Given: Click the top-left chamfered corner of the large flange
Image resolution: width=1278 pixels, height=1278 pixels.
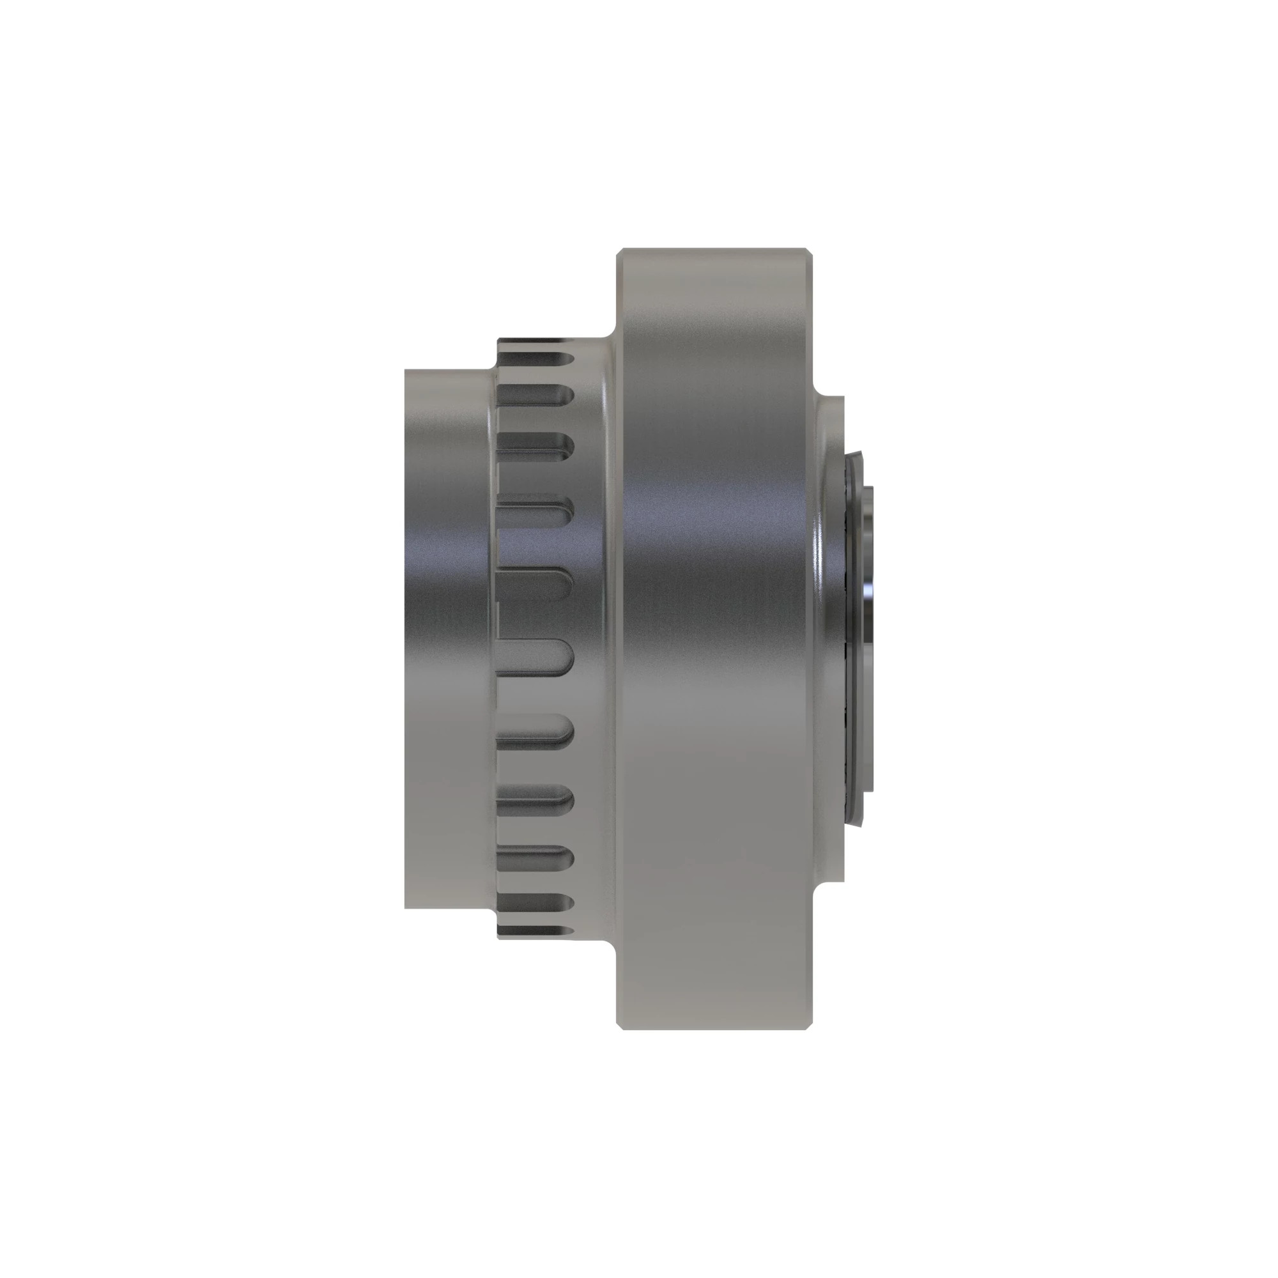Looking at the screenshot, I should tap(620, 252).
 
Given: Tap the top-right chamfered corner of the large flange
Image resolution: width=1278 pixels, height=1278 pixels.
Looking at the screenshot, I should tap(809, 252).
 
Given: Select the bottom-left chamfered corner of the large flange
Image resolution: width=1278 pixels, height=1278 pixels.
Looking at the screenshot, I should tap(620, 1026).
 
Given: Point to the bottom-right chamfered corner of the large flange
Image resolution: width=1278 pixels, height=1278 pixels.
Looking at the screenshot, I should tap(809, 1026).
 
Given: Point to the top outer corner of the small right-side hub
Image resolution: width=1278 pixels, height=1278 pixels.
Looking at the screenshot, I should tap(842, 398).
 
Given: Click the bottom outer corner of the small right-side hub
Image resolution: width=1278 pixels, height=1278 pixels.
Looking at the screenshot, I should tap(842, 880).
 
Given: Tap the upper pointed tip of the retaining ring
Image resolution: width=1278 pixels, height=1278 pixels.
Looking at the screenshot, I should tap(861, 454).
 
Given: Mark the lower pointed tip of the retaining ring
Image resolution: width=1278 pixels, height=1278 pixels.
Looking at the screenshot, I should tap(861, 824).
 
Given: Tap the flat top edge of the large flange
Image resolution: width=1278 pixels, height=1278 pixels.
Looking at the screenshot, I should tap(714, 249).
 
